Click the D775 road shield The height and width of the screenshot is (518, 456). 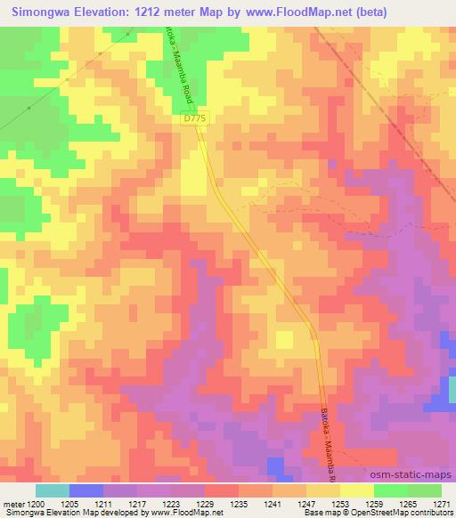point(195,117)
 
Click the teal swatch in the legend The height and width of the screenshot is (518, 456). point(52,490)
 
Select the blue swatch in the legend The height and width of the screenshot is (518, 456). point(85,490)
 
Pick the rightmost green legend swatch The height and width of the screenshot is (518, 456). point(425,490)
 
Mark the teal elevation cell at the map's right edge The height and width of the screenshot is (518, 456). point(451,389)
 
